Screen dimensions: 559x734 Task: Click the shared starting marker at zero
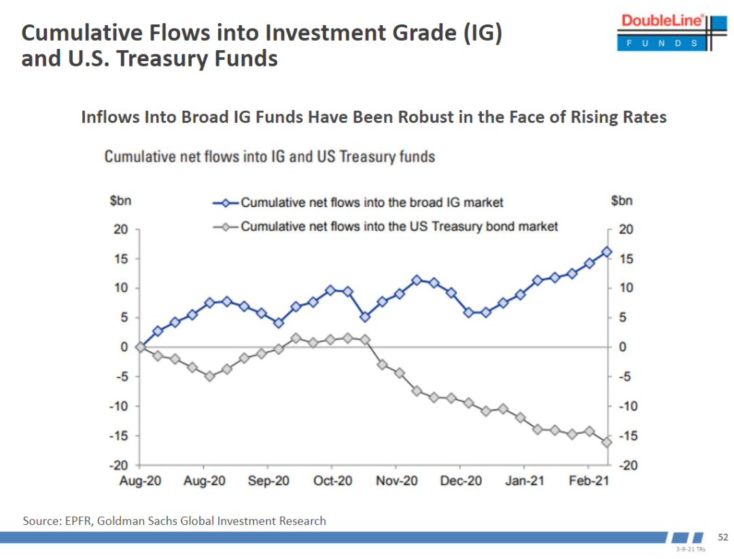[140, 347]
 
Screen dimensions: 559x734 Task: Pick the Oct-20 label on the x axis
[333, 480]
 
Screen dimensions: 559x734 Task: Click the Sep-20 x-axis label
[269, 480]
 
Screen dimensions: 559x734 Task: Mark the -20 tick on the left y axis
[120, 465]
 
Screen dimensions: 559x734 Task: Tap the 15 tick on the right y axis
[626, 259]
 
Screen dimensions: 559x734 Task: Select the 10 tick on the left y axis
[121, 288]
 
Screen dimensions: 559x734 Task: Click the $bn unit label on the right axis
[622, 201]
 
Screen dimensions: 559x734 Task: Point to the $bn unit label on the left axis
[121, 201]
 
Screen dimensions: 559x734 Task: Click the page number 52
[723, 537]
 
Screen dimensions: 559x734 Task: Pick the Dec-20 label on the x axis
[461, 480]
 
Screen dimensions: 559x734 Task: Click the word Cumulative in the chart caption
[139, 157]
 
